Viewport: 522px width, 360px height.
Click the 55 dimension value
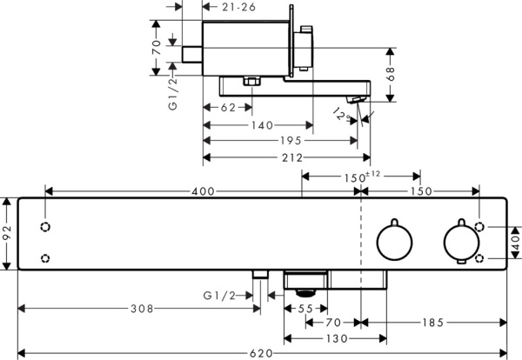tap(305, 309)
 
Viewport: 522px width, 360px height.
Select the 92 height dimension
tap(7, 234)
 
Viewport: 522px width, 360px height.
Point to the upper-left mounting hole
tap(45, 227)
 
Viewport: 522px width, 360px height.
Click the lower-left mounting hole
tap(45, 257)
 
